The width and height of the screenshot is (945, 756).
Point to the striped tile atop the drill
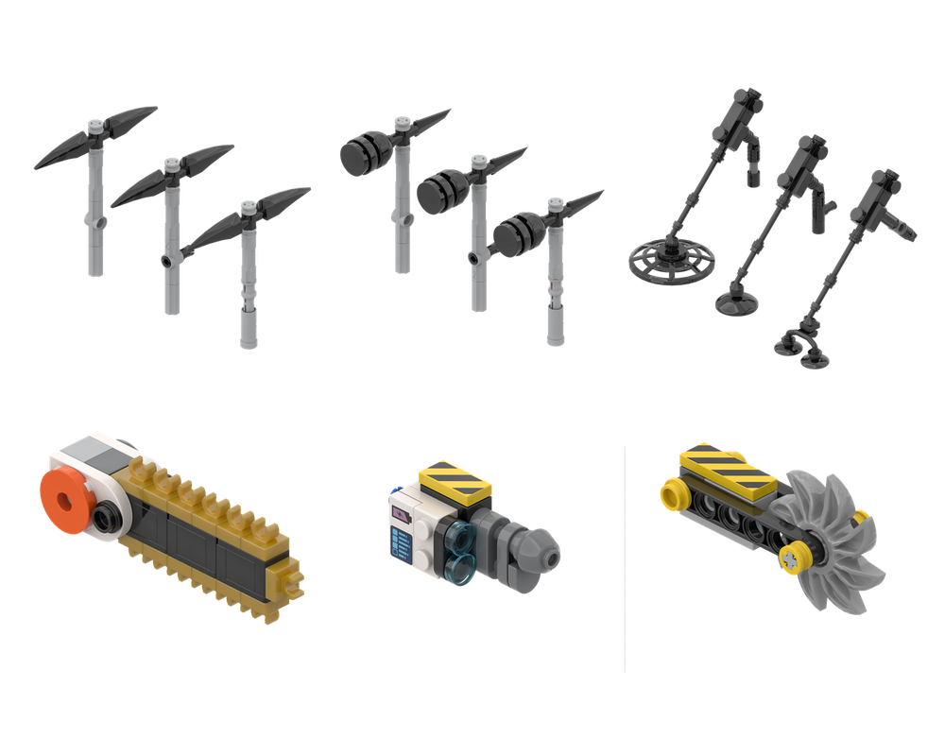click(x=455, y=479)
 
